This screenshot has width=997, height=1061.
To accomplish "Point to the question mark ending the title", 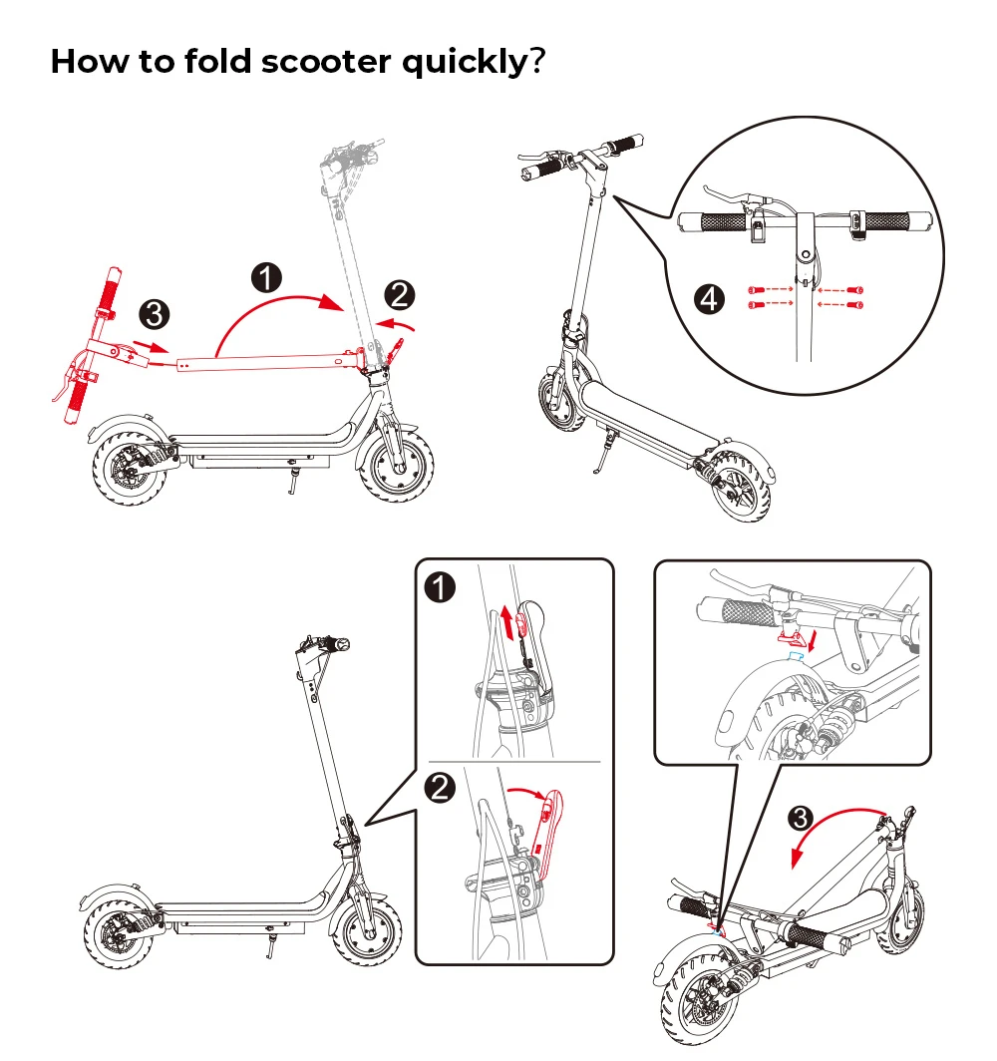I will point(537,62).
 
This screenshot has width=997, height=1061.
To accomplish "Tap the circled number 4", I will point(709,298).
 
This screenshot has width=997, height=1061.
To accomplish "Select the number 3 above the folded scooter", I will point(801,820).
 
